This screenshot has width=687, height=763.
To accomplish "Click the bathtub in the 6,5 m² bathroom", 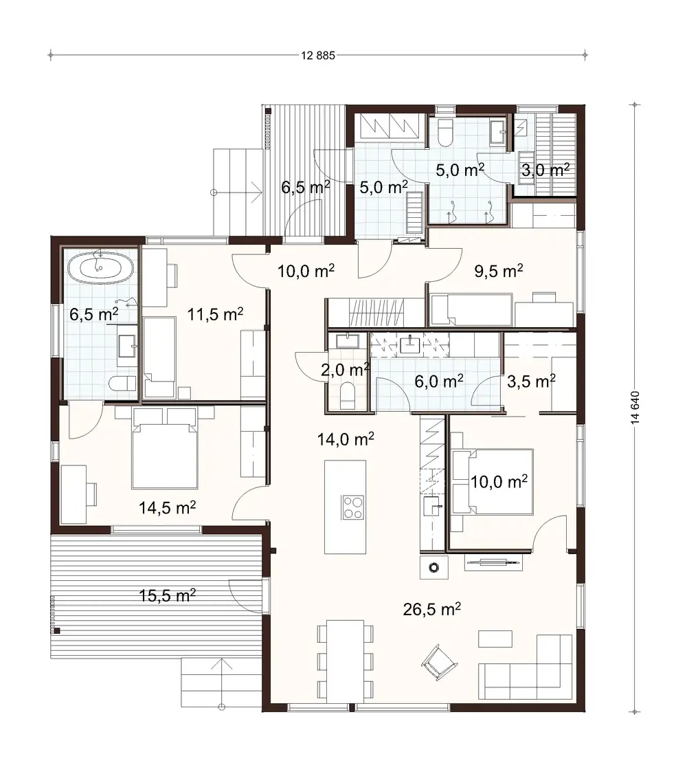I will (101, 267).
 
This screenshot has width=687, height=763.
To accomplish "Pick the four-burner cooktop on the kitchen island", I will (353, 508).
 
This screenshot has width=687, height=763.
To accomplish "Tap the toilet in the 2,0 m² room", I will (348, 395).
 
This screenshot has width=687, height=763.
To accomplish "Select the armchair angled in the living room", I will (438, 661).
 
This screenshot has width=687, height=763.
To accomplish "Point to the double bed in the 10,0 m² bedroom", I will (492, 482).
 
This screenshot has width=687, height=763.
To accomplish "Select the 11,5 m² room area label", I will (216, 316).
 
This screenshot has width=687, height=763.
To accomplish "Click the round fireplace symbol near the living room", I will (433, 568).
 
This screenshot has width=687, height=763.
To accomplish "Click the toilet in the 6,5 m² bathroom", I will (121, 384).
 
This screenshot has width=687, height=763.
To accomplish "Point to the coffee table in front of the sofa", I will (495, 638).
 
